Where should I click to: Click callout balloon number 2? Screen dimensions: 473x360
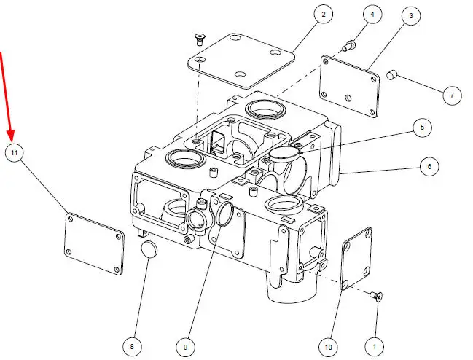(324, 14)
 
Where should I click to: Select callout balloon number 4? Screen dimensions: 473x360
(372, 14)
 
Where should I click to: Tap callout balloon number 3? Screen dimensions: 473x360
(411, 15)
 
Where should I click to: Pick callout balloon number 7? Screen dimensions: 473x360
(452, 95)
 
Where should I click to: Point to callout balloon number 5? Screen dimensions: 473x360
(422, 128)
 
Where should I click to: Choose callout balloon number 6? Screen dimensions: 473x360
(429, 166)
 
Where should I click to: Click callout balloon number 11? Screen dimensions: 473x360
(14, 152)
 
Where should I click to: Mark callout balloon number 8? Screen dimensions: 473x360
(132, 347)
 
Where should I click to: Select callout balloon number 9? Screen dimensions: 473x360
(185, 347)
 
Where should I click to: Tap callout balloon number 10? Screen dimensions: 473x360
(328, 348)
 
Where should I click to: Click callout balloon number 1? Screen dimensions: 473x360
(375, 347)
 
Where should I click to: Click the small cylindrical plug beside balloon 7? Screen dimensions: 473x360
(392, 75)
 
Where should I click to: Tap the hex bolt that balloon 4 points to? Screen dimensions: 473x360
(349, 45)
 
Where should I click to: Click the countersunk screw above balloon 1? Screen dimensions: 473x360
(376, 296)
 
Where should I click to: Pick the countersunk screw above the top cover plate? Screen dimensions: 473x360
(199, 39)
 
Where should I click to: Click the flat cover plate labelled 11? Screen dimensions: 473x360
(94, 243)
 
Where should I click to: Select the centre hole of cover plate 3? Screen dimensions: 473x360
(348, 98)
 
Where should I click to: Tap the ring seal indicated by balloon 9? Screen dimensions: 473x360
(224, 214)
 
